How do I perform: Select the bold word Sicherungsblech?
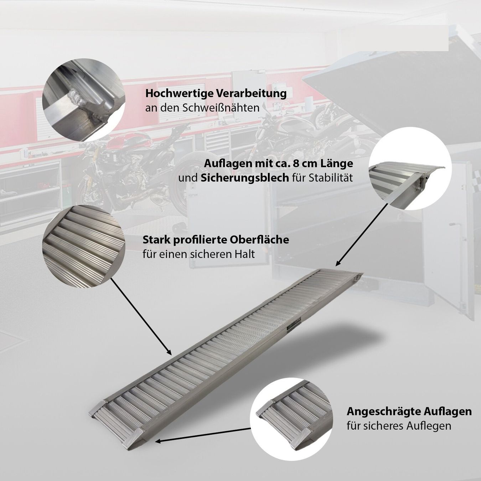(x=245, y=178)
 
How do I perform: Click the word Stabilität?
(x=331, y=178)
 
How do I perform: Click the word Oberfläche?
(x=259, y=240)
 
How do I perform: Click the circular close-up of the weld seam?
(x=84, y=100)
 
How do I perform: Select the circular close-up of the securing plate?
(x=410, y=168)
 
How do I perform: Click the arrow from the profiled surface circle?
(x=141, y=316)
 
